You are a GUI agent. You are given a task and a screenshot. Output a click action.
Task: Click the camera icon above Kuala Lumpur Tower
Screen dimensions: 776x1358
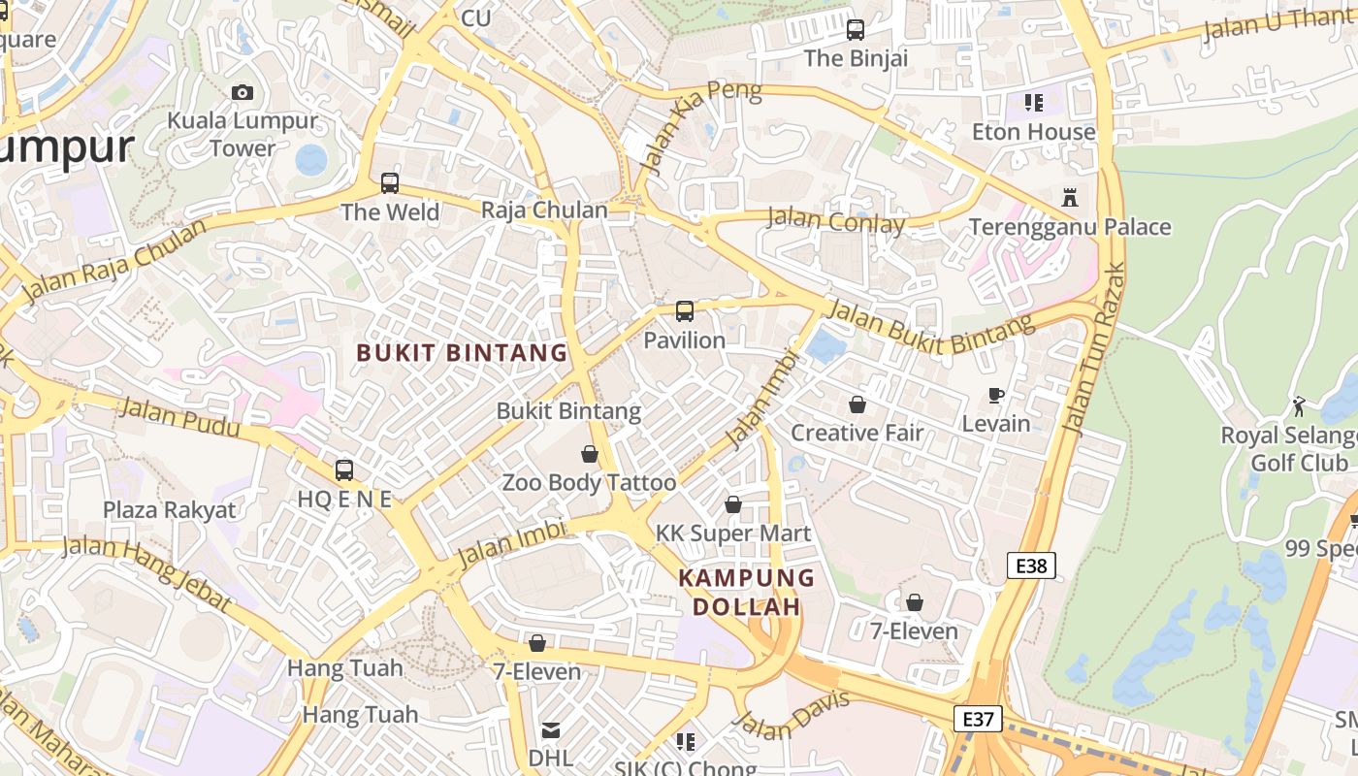point(242,93)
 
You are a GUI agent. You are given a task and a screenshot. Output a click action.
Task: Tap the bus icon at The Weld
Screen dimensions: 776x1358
point(390,183)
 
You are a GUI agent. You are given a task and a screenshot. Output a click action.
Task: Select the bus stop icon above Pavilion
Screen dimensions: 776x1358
point(685,311)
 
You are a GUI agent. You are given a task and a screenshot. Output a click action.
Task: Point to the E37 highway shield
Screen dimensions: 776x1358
point(977,719)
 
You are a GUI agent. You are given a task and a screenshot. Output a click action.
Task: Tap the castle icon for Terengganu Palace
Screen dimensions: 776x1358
point(1070,198)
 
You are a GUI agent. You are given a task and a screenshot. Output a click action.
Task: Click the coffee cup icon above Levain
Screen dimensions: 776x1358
point(995,395)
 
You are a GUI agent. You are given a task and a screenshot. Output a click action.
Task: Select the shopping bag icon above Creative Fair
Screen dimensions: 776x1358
point(857,404)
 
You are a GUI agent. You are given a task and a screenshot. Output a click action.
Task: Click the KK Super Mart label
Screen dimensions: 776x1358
point(733,533)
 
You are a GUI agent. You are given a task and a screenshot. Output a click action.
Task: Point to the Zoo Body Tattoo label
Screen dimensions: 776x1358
point(589,482)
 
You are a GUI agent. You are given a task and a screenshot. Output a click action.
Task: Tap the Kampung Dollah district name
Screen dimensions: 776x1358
point(746,593)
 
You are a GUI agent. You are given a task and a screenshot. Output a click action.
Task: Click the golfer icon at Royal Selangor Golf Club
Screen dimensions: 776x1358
point(1299,405)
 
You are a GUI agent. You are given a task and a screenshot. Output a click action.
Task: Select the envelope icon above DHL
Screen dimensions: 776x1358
point(551,729)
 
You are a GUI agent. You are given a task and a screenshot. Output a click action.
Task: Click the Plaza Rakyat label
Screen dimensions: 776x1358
point(170,510)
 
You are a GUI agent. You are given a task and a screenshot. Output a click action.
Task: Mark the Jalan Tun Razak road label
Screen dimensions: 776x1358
point(1092,349)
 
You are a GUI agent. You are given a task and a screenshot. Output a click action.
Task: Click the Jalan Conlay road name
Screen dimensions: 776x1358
point(835,221)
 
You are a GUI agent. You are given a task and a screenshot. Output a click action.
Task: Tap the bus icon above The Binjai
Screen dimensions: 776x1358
point(855,30)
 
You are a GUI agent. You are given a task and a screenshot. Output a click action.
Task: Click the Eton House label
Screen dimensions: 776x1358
point(1033,132)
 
